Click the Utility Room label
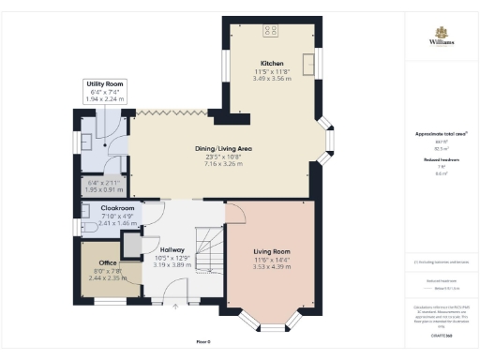tap(105, 83)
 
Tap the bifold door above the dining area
tap(169, 112)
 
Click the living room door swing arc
tap(235, 214)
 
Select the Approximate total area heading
tap(442, 134)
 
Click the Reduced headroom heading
tap(442, 159)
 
